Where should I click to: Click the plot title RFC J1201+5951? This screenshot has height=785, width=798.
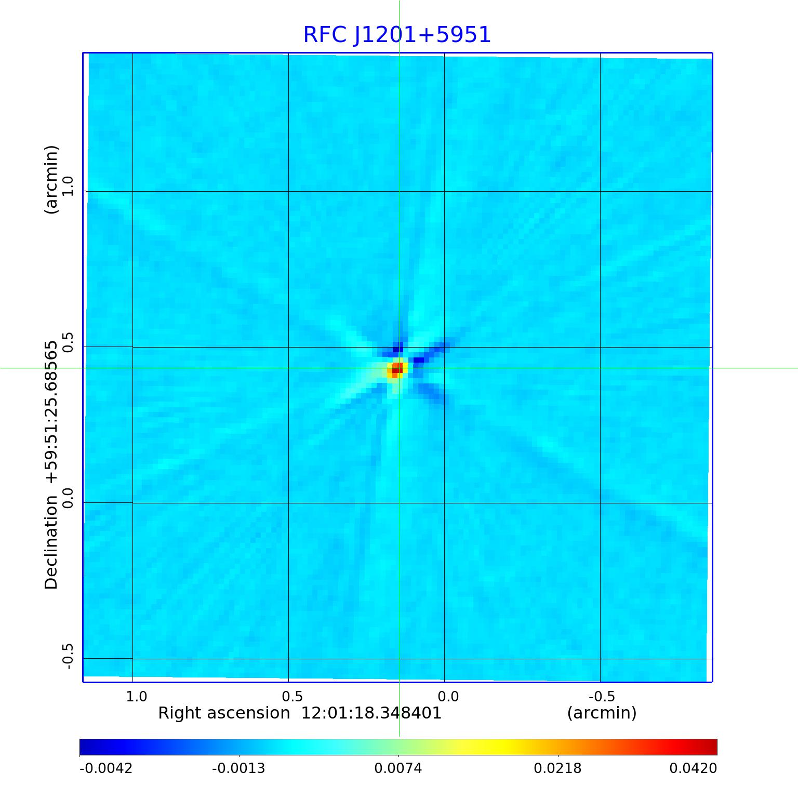point(397,35)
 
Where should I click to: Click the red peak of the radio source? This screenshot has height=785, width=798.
point(396,369)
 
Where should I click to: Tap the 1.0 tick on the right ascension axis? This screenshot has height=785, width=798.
point(137,696)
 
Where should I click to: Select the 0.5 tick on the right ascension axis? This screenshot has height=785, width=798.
point(292,696)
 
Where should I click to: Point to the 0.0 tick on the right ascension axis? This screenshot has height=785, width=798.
point(448,696)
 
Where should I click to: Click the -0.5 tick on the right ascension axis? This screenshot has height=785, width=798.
point(602,696)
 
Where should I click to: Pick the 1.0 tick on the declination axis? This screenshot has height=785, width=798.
point(68,186)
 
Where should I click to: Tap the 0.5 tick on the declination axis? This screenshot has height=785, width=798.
point(68,342)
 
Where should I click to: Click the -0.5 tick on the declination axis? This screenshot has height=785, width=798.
point(68,656)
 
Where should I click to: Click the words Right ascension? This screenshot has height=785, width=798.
point(224,713)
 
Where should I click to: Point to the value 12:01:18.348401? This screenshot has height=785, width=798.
point(371,713)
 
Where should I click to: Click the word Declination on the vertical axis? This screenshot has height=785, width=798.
point(51,542)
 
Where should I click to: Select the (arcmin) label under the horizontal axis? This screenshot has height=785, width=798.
point(602,713)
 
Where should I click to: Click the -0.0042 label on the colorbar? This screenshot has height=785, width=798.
point(106,768)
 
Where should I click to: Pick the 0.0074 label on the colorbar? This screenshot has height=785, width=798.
point(398,768)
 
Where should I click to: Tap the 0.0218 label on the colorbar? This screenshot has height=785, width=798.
point(558,768)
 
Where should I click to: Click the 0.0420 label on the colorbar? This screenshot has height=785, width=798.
point(693,768)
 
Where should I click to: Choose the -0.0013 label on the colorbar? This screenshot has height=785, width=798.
point(238,768)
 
